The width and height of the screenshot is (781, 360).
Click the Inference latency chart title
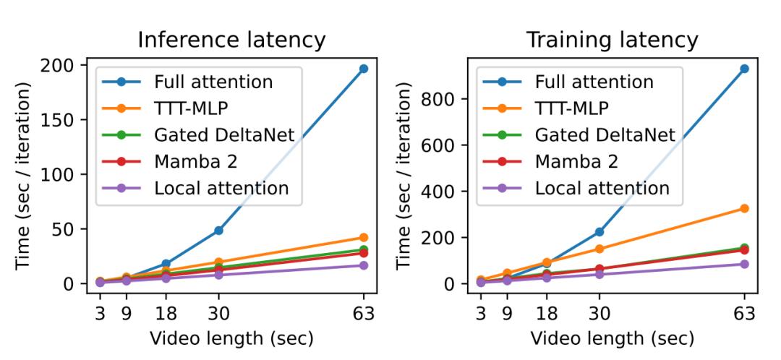click(231, 39)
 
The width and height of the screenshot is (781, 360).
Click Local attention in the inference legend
click(221, 188)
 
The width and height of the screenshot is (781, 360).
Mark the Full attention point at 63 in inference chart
click(363, 69)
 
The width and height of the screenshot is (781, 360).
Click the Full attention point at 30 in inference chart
click(218, 231)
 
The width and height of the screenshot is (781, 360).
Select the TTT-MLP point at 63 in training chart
click(744, 208)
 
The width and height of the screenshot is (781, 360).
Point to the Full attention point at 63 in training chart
click(744, 69)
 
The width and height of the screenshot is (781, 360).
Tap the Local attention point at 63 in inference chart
click(363, 265)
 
